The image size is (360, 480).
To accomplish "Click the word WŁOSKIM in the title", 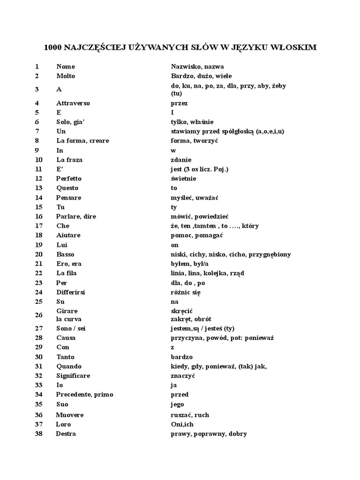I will (294, 48).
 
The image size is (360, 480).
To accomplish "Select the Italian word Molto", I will (66, 76).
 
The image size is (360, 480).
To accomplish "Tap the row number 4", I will (37, 103).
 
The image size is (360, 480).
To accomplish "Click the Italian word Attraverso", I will (73, 103).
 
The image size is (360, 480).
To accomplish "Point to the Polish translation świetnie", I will (184, 179).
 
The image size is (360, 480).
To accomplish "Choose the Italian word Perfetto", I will (69, 179).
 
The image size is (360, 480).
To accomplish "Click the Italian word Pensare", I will (68, 197).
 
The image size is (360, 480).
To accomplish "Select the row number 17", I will (38, 226).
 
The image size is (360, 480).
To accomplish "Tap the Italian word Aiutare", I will (68, 235).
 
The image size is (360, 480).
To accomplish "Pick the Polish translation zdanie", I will (181, 160).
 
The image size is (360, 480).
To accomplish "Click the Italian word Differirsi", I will (71, 292).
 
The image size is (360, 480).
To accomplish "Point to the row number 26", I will (38, 315).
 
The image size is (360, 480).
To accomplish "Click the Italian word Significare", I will (73, 376).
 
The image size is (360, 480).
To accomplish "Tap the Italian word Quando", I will (69, 367).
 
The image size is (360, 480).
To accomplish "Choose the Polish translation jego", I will (178, 404).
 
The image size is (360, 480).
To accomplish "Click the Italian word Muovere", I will (70, 415).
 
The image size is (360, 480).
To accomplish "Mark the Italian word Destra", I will (66, 434).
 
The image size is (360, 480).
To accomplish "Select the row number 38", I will (38, 434).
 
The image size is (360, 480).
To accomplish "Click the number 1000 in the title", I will (52, 48).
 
